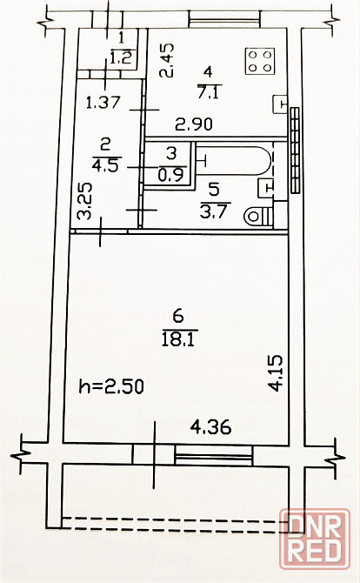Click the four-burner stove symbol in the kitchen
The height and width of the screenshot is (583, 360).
click(260, 62)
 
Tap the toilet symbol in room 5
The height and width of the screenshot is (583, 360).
click(258, 216)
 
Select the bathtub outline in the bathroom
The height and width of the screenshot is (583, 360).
click(235, 161)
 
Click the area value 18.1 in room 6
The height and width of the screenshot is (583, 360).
click(178, 339)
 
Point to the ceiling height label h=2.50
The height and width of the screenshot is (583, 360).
click(111, 386)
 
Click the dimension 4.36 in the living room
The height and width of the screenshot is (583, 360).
click(210, 427)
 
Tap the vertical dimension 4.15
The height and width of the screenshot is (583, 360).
click(276, 373)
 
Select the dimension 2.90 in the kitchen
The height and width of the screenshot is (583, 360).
click(194, 124)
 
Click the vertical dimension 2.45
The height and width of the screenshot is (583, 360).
click(166, 60)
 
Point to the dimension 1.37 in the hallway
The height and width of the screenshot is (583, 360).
click(103, 103)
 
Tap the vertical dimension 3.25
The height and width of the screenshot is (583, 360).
click(84, 201)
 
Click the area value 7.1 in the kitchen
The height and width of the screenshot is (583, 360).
click(210, 92)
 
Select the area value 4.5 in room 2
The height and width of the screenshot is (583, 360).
click(105, 164)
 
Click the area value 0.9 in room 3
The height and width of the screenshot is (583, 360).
click(170, 175)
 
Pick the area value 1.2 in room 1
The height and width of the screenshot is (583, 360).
click(122, 57)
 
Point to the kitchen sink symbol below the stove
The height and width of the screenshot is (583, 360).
click(281, 104)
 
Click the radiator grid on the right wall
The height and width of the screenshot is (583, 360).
click(295, 151)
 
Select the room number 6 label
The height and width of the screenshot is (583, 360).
click(178, 317)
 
